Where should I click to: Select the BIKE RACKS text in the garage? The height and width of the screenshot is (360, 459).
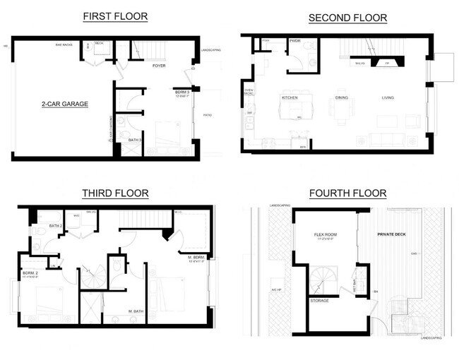66,45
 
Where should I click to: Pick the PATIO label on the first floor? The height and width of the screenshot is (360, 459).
208,115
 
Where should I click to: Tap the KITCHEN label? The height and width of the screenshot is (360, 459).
290,97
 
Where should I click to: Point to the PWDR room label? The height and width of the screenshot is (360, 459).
295,41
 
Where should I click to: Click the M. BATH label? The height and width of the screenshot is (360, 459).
136,311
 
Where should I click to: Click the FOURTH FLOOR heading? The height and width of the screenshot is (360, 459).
347,193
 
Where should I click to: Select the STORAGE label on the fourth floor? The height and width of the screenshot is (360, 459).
319,301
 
